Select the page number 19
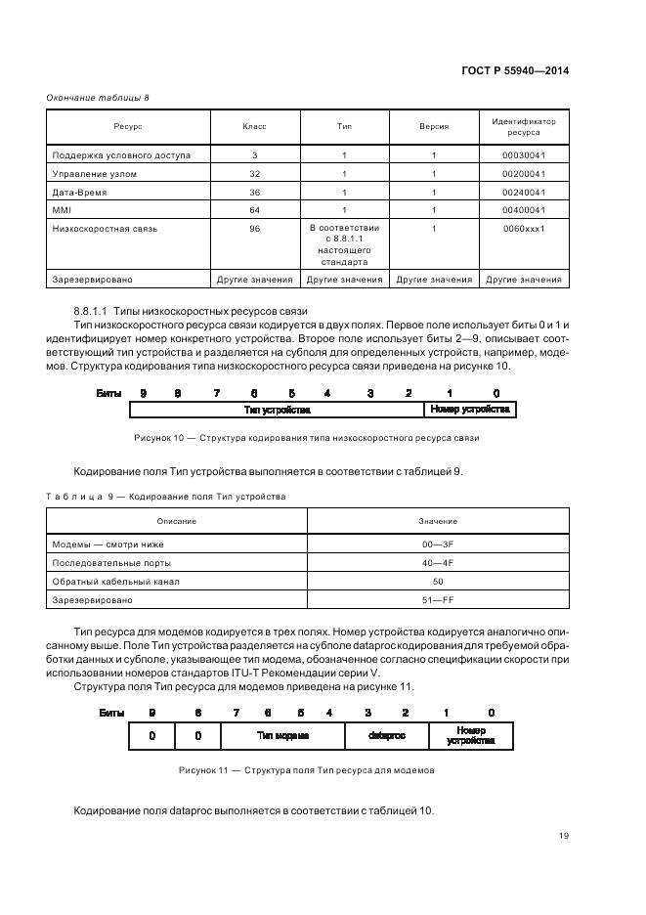pos(563,834)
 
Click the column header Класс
pos(254,128)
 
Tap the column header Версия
pos(434,128)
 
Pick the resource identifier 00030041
pos(523,155)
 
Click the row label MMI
pos(61,210)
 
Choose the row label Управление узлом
pos(95,174)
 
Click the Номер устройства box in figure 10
pos(470,410)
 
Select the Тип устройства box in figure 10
pos(277,410)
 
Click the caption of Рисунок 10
pos(307,438)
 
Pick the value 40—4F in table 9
pos(438,562)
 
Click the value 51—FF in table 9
pos(438,599)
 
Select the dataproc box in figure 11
pos(386,735)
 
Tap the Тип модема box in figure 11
pos(282,735)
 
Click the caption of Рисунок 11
pos(307,770)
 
